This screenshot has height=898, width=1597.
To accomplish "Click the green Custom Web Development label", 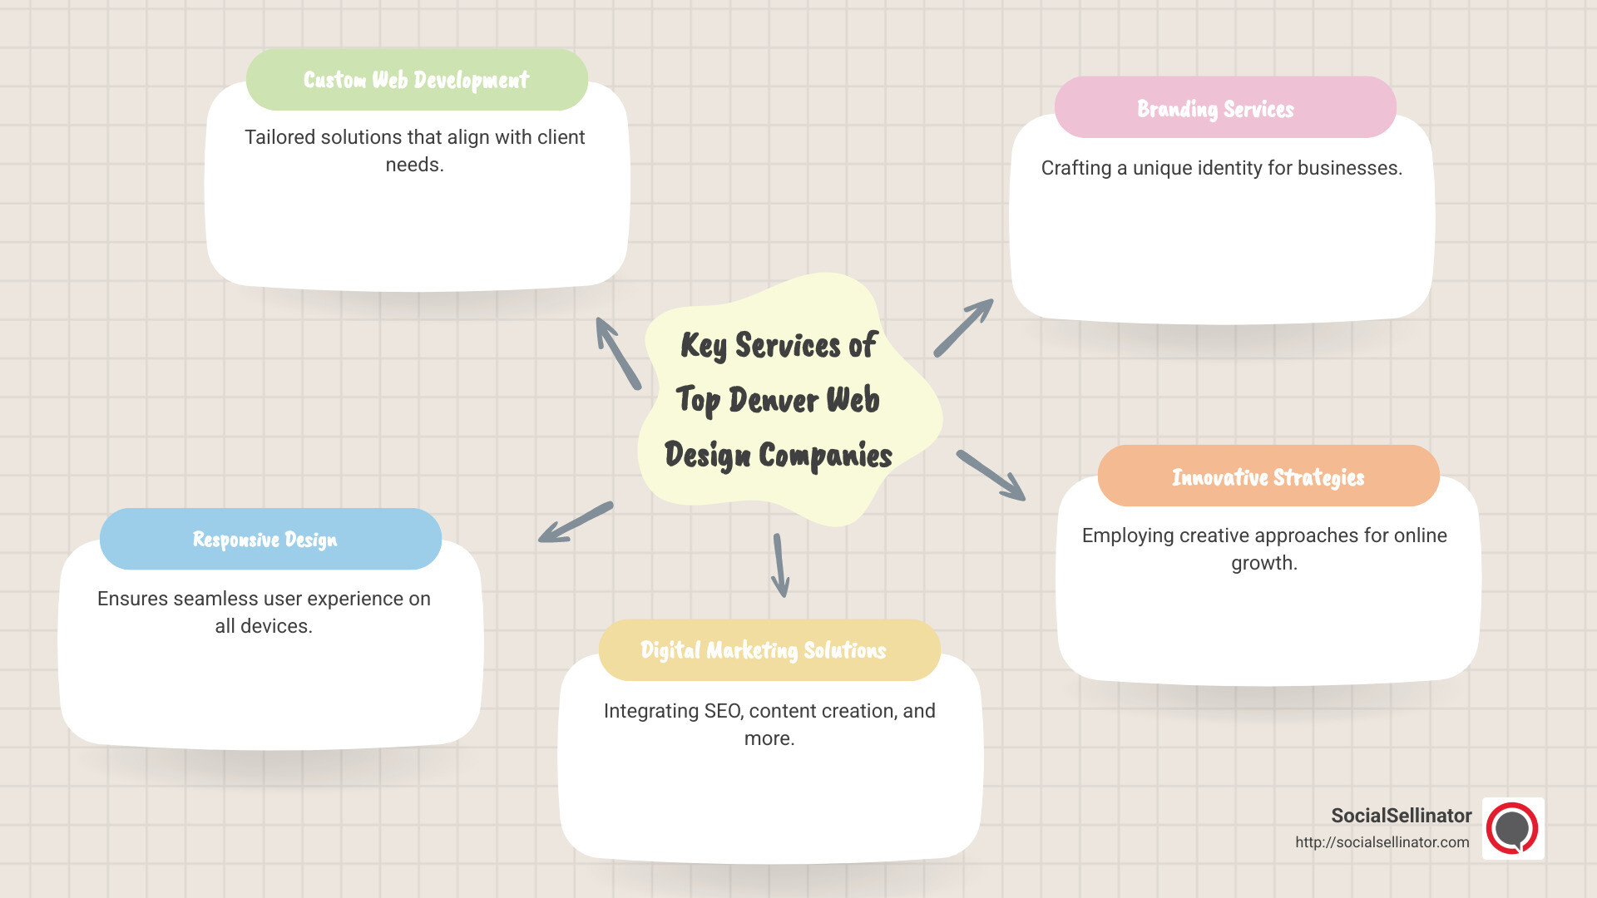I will (417, 80).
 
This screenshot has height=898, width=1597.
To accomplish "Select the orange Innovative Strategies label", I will (1268, 476).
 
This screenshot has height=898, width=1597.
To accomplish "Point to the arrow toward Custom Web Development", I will (618, 353).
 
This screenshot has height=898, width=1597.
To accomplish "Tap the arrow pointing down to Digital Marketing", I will (780, 565).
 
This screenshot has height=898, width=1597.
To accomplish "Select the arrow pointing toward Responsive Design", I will (576, 523).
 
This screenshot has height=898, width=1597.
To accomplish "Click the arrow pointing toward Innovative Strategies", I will (991, 476).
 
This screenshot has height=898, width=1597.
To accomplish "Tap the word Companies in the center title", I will (825, 456).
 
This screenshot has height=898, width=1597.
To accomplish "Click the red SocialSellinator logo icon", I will (1512, 829).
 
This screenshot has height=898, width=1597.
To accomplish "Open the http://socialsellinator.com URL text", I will (1382, 842).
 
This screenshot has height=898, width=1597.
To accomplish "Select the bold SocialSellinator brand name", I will (1401, 816).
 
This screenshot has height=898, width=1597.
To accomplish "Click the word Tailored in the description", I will (279, 137).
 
